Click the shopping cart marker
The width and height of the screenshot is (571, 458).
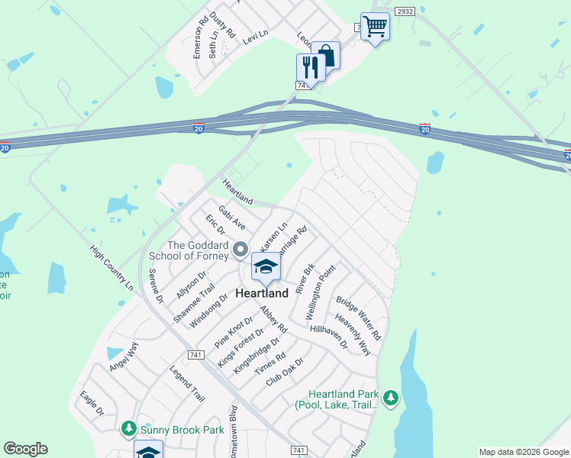(x=374, y=27)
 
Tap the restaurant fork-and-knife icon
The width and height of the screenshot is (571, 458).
(x=310, y=67)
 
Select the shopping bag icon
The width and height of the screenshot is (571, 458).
(x=326, y=55)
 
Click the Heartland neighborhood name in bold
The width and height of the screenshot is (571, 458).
(x=262, y=293)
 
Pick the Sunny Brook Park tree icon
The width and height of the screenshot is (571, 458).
(x=129, y=430)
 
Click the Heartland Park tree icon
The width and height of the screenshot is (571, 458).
(x=391, y=398)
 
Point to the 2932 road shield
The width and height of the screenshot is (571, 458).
(x=405, y=12)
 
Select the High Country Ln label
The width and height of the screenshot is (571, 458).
(x=111, y=267)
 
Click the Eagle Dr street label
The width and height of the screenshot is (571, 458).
(x=92, y=404)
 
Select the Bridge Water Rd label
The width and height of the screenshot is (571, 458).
(x=358, y=318)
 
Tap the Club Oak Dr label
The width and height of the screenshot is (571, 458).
(x=285, y=372)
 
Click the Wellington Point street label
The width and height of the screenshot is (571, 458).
(x=320, y=293)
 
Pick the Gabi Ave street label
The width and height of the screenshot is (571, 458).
(x=231, y=218)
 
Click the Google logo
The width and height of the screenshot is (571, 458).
(x=25, y=449)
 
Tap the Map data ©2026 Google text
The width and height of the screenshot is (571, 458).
(x=523, y=452)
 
